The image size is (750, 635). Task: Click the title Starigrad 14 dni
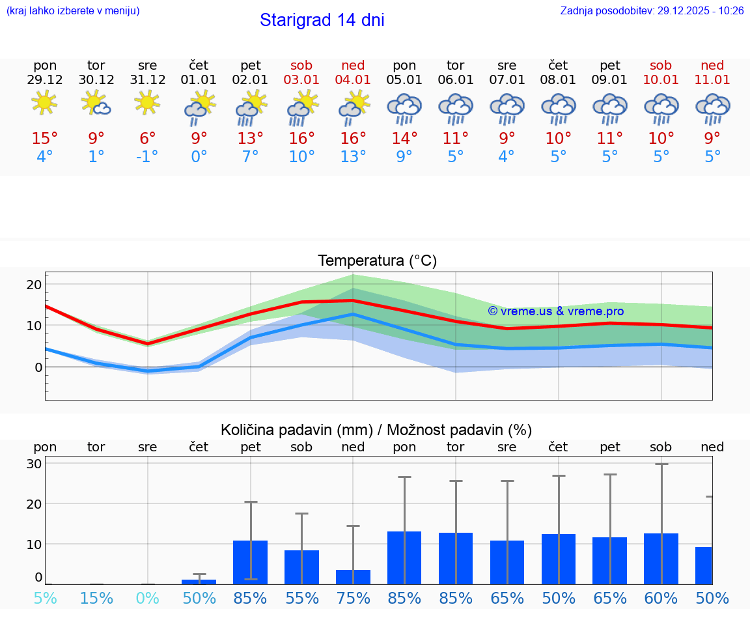click(322, 20)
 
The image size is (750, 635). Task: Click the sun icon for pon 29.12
click(44, 102)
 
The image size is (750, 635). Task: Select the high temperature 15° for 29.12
click(45, 139)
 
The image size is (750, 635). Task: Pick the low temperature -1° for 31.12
click(147, 157)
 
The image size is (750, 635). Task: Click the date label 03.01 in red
click(301, 79)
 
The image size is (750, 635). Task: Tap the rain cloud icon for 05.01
click(404, 107)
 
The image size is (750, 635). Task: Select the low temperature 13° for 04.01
click(353, 157)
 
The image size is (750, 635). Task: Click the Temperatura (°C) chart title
click(377, 261)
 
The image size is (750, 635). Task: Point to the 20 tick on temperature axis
click(34, 285)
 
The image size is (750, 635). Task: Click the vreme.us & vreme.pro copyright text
click(555, 311)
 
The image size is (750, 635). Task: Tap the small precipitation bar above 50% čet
click(199, 582)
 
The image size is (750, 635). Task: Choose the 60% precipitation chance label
click(661, 598)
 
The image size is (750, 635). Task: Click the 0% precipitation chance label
click(148, 598)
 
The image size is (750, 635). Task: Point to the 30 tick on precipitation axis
click(34, 464)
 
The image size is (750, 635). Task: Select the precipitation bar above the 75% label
click(353, 577)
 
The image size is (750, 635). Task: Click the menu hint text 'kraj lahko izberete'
click(72, 11)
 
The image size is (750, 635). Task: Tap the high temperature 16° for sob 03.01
click(301, 139)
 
